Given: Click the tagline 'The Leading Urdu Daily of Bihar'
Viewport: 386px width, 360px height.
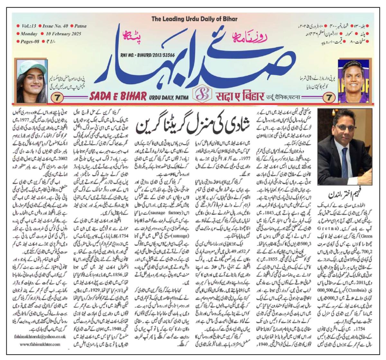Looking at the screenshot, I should pyautogui.click(x=194, y=19).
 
